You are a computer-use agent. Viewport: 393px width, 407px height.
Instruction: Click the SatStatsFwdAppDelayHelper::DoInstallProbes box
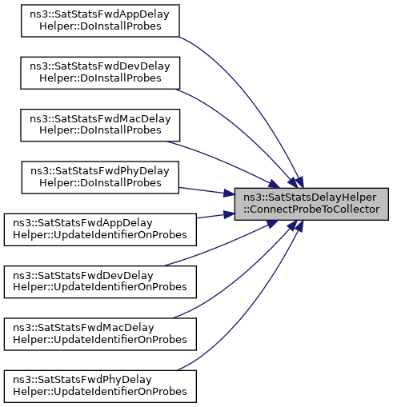[100, 21]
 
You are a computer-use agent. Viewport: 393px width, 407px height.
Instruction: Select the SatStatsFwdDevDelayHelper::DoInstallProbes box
[100, 73]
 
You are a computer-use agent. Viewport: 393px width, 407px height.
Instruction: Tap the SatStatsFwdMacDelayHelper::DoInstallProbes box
[100, 125]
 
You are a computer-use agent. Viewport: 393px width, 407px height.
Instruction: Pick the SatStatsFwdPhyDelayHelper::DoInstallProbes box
[100, 178]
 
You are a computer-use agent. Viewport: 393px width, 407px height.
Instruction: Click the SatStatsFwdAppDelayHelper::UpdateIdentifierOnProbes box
[100, 229]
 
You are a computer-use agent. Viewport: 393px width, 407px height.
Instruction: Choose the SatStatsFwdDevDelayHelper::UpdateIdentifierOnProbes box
[100, 281]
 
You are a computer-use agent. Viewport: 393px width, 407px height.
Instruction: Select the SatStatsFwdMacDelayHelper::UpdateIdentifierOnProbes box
[100, 334]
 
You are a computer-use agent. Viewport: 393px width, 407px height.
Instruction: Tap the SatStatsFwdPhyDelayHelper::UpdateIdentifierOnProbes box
[100, 386]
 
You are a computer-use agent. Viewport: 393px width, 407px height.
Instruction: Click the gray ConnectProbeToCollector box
[311, 204]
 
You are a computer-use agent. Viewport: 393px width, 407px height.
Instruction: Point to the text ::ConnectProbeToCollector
[311, 209]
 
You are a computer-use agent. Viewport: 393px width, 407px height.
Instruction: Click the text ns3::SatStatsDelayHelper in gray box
[310, 198]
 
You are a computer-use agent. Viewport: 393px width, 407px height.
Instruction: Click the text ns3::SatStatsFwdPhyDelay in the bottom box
[82, 380]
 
